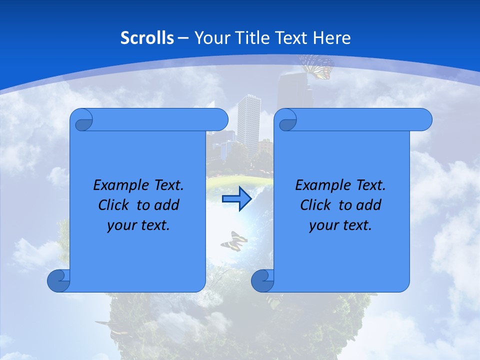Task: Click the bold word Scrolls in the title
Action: [x=147, y=38]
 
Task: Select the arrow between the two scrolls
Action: [x=236, y=199]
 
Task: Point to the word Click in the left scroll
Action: [x=114, y=205]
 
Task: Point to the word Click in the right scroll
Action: [x=316, y=205]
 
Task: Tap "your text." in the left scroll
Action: [x=138, y=225]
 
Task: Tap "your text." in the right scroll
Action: [x=340, y=225]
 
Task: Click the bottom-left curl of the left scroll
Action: [x=58, y=280]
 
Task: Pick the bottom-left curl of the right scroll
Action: [x=262, y=280]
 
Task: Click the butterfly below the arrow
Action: [x=234, y=241]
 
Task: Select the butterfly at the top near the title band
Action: [x=316, y=67]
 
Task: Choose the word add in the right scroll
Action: [x=369, y=205]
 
